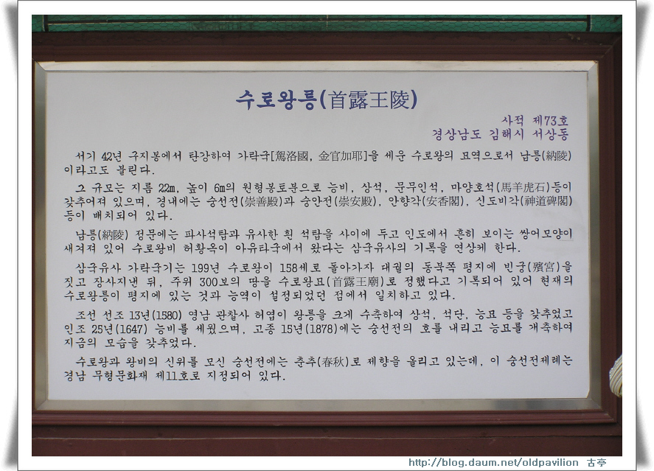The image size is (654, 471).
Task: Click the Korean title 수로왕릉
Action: point(275,100)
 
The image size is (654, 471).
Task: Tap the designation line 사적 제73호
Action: point(535,121)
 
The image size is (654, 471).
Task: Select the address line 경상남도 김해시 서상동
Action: point(500,134)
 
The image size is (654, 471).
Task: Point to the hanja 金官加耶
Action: point(341,156)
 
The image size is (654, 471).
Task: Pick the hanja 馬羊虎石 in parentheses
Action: point(524,186)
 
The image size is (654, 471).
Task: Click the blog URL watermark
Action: point(493,462)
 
